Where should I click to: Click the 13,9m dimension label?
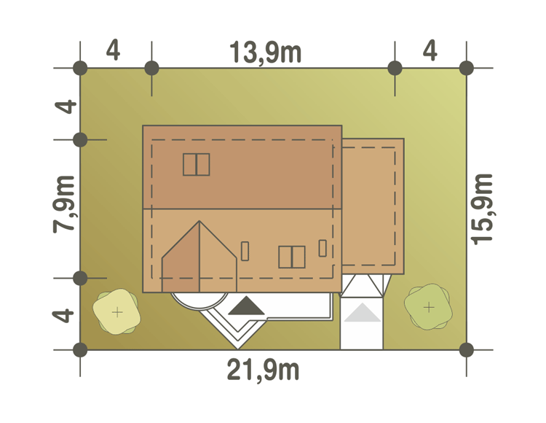click(265, 53)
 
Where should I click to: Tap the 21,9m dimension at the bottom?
click(264, 370)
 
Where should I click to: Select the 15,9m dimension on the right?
click(482, 209)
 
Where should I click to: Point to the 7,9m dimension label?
click(64, 204)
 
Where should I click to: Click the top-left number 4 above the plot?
click(113, 50)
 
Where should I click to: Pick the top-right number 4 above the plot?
click(430, 50)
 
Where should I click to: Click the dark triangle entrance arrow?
click(247, 306)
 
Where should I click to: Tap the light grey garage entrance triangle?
click(362, 312)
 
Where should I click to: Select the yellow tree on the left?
click(116, 311)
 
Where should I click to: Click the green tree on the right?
click(428, 307)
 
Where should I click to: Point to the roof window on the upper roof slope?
click(197, 165)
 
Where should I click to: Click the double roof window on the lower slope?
click(292, 257)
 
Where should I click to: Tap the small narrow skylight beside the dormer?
click(245, 251)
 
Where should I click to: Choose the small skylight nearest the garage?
click(323, 248)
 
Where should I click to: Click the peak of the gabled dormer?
click(199, 221)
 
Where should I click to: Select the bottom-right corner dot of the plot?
click(467, 349)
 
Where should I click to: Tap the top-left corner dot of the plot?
click(80, 68)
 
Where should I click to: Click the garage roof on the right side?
click(373, 206)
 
